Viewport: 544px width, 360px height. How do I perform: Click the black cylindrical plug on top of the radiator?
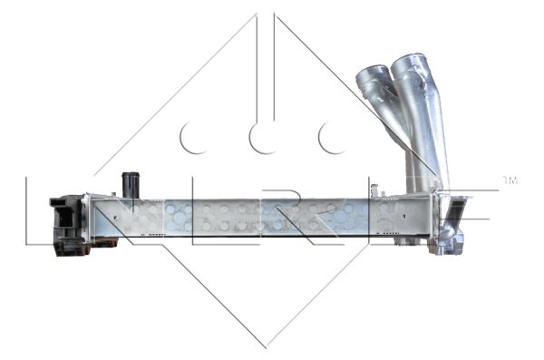129,183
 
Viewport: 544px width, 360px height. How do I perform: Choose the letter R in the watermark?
299,219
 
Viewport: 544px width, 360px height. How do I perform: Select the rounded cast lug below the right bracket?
448,244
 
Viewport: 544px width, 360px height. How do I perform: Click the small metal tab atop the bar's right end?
388,193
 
